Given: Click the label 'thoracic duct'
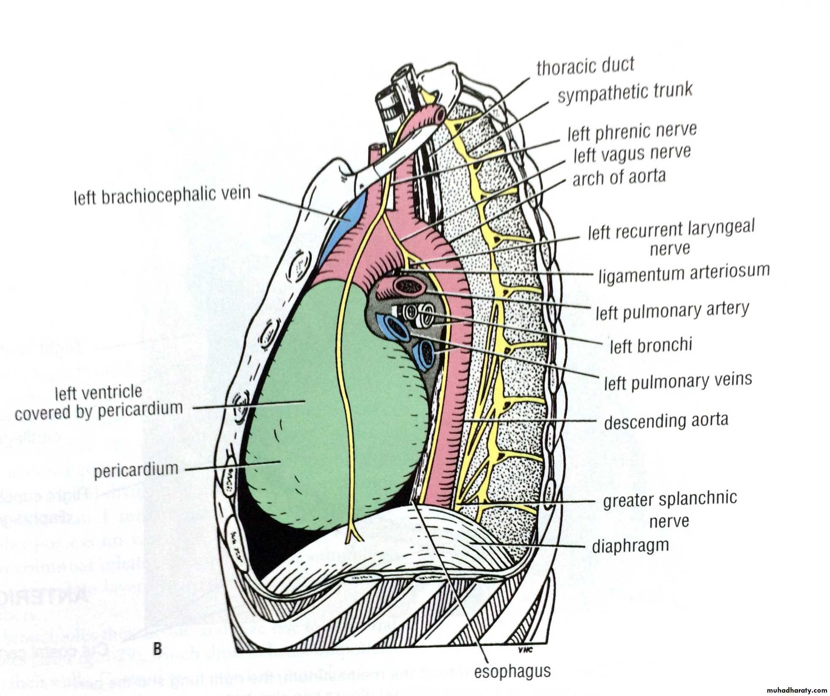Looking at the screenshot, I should click(585, 66).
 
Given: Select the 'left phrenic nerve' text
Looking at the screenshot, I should click(632, 132).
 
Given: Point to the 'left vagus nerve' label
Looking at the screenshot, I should click(632, 154).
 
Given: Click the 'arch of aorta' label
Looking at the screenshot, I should click(619, 177).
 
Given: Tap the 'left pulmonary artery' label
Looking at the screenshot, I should click(672, 311).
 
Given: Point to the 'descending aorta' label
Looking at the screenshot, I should click(666, 421).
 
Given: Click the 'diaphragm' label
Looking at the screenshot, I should click(630, 546).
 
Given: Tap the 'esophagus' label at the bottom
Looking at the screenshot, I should click(512, 671).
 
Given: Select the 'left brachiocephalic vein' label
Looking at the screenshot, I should click(162, 196).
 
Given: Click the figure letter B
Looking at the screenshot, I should click(157, 648).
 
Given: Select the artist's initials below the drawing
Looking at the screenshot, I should click(526, 650).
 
